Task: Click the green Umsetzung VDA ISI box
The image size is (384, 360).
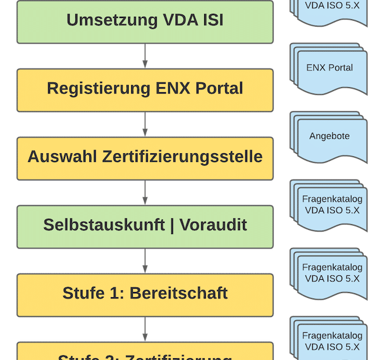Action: tap(144, 21)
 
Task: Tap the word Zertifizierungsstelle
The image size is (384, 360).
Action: tap(182, 157)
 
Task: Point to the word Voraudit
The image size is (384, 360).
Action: tap(213, 225)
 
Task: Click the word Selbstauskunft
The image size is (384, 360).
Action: tap(104, 225)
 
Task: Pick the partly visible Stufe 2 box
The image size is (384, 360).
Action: tap(144, 352)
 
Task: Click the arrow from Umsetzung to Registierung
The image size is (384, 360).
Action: tap(145, 56)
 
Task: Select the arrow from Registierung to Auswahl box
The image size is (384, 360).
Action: tap(145, 125)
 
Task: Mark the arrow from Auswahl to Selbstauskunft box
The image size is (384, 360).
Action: tap(145, 193)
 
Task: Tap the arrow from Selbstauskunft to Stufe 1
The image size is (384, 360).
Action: tap(145, 261)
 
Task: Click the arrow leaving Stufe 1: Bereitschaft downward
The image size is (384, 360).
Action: tap(145, 329)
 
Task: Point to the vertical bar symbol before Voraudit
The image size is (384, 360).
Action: tap(172, 225)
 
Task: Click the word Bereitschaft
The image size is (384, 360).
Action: tap(178, 293)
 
